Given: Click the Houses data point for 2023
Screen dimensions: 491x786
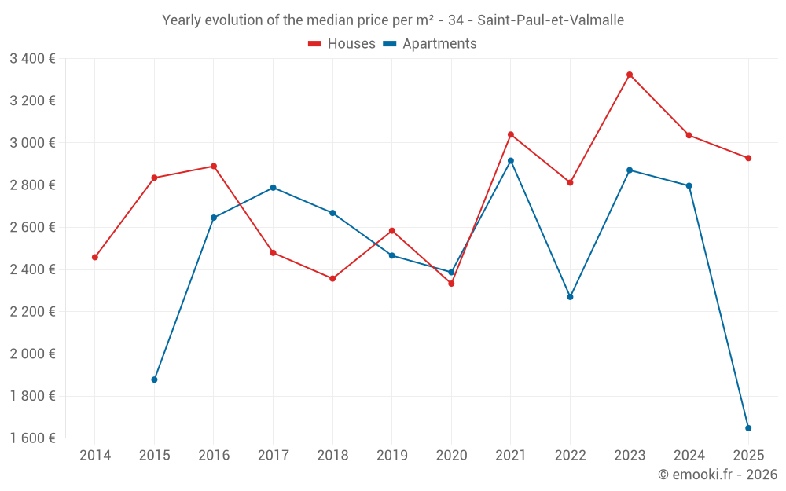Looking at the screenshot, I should (630, 75).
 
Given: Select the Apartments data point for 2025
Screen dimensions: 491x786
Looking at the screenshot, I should (748, 428).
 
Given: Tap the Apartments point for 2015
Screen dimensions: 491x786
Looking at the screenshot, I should (154, 379).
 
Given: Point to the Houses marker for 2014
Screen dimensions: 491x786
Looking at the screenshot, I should (95, 257).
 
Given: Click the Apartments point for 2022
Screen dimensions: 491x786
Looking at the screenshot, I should (570, 297).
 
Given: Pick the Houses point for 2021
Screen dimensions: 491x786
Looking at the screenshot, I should (511, 134).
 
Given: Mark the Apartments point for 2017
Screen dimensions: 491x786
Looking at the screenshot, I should (273, 188).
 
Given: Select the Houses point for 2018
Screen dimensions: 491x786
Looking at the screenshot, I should (332, 279).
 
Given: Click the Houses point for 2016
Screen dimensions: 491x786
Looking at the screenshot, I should (214, 167).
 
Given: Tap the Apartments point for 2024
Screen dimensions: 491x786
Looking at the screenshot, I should (689, 186).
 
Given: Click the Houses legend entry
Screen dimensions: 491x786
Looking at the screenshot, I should (342, 44).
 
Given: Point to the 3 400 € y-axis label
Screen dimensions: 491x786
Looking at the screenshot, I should (32, 58).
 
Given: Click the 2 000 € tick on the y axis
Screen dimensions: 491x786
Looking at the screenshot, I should (32, 354).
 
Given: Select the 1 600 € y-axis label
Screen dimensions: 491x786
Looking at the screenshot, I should (32, 438).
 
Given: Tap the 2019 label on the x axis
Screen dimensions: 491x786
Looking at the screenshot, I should (391, 455).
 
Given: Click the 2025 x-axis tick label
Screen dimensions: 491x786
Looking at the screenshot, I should (748, 455).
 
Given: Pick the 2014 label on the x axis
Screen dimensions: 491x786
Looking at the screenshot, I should (95, 455).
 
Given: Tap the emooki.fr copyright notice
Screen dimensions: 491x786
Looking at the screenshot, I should (718, 475).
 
